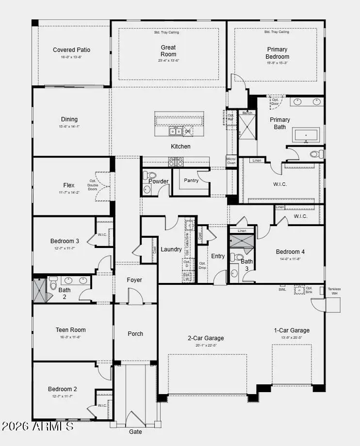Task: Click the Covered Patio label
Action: (x=71, y=50)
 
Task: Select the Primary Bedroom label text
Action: (x=277, y=53)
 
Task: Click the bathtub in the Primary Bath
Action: (x=305, y=135)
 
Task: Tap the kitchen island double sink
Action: (x=175, y=131)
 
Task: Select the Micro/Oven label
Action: (x=231, y=161)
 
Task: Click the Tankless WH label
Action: (x=334, y=291)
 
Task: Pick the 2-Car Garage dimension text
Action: (x=206, y=346)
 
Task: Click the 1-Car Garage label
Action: (x=292, y=330)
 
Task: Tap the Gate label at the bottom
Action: (x=135, y=431)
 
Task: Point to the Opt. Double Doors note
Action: (x=93, y=184)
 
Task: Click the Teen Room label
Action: (x=71, y=330)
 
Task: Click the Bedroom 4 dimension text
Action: (x=291, y=259)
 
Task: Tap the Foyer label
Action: (x=134, y=280)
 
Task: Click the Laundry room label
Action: (x=171, y=249)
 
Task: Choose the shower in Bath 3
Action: (x=241, y=242)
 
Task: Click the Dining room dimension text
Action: (x=69, y=126)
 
